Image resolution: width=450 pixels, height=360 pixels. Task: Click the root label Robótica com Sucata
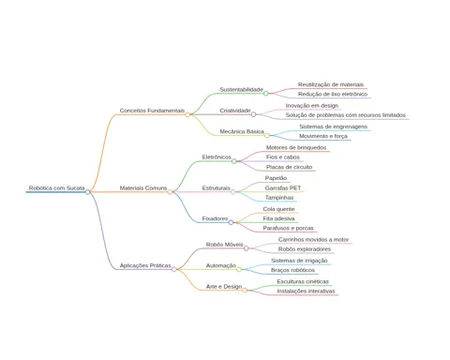coord(56,188)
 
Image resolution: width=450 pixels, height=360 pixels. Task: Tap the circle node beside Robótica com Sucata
coord(87,192)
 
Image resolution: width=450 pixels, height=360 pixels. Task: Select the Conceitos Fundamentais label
coord(152,111)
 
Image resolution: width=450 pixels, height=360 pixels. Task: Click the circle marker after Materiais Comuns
coord(170,192)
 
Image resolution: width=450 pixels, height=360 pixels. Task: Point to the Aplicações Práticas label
coord(145,265)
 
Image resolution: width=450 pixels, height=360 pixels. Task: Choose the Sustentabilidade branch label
coord(242,90)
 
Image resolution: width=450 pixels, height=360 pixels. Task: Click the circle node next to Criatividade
coord(253,114)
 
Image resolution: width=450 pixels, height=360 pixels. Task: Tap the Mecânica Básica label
coord(242,131)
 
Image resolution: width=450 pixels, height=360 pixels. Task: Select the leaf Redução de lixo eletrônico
coord(333,94)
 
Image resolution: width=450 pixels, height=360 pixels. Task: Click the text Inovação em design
coord(312,106)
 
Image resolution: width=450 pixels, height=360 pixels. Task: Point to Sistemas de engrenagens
coord(333,127)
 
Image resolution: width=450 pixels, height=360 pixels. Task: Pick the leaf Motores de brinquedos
coord(296,147)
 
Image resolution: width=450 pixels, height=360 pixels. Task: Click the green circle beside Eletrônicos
coord(234,161)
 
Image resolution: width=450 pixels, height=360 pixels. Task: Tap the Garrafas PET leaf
coord(283,188)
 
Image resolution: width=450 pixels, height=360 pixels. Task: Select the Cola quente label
coord(278,209)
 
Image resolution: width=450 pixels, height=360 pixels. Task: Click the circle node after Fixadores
coord(231,222)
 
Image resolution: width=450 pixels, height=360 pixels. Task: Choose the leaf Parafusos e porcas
coord(288,228)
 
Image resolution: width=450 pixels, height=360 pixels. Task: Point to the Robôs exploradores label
coord(305,249)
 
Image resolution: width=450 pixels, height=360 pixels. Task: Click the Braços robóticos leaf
coord(292,270)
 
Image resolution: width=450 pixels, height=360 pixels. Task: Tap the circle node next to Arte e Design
coord(245,291)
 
